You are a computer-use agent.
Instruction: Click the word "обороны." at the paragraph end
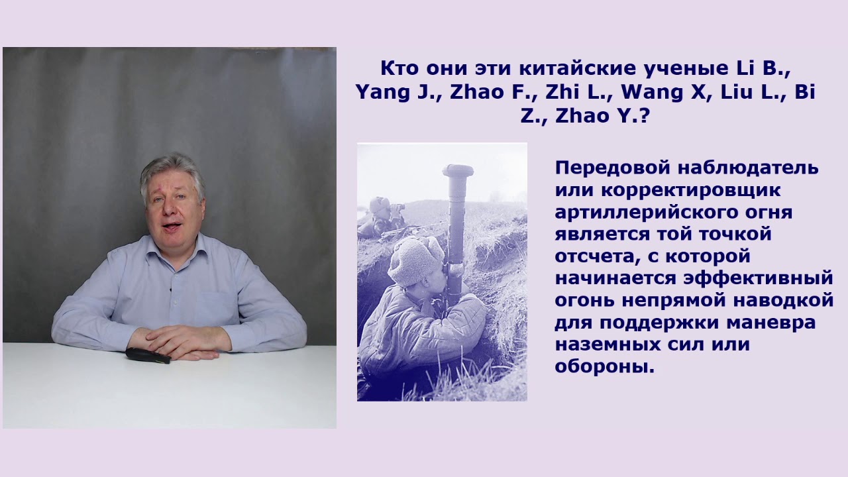click(x=604, y=366)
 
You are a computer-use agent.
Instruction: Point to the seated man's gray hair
click(x=171, y=167)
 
